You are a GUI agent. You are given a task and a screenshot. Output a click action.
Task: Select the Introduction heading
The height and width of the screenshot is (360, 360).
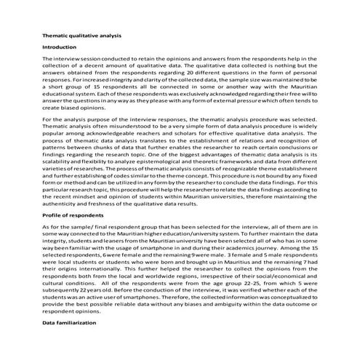pos(60,47)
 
